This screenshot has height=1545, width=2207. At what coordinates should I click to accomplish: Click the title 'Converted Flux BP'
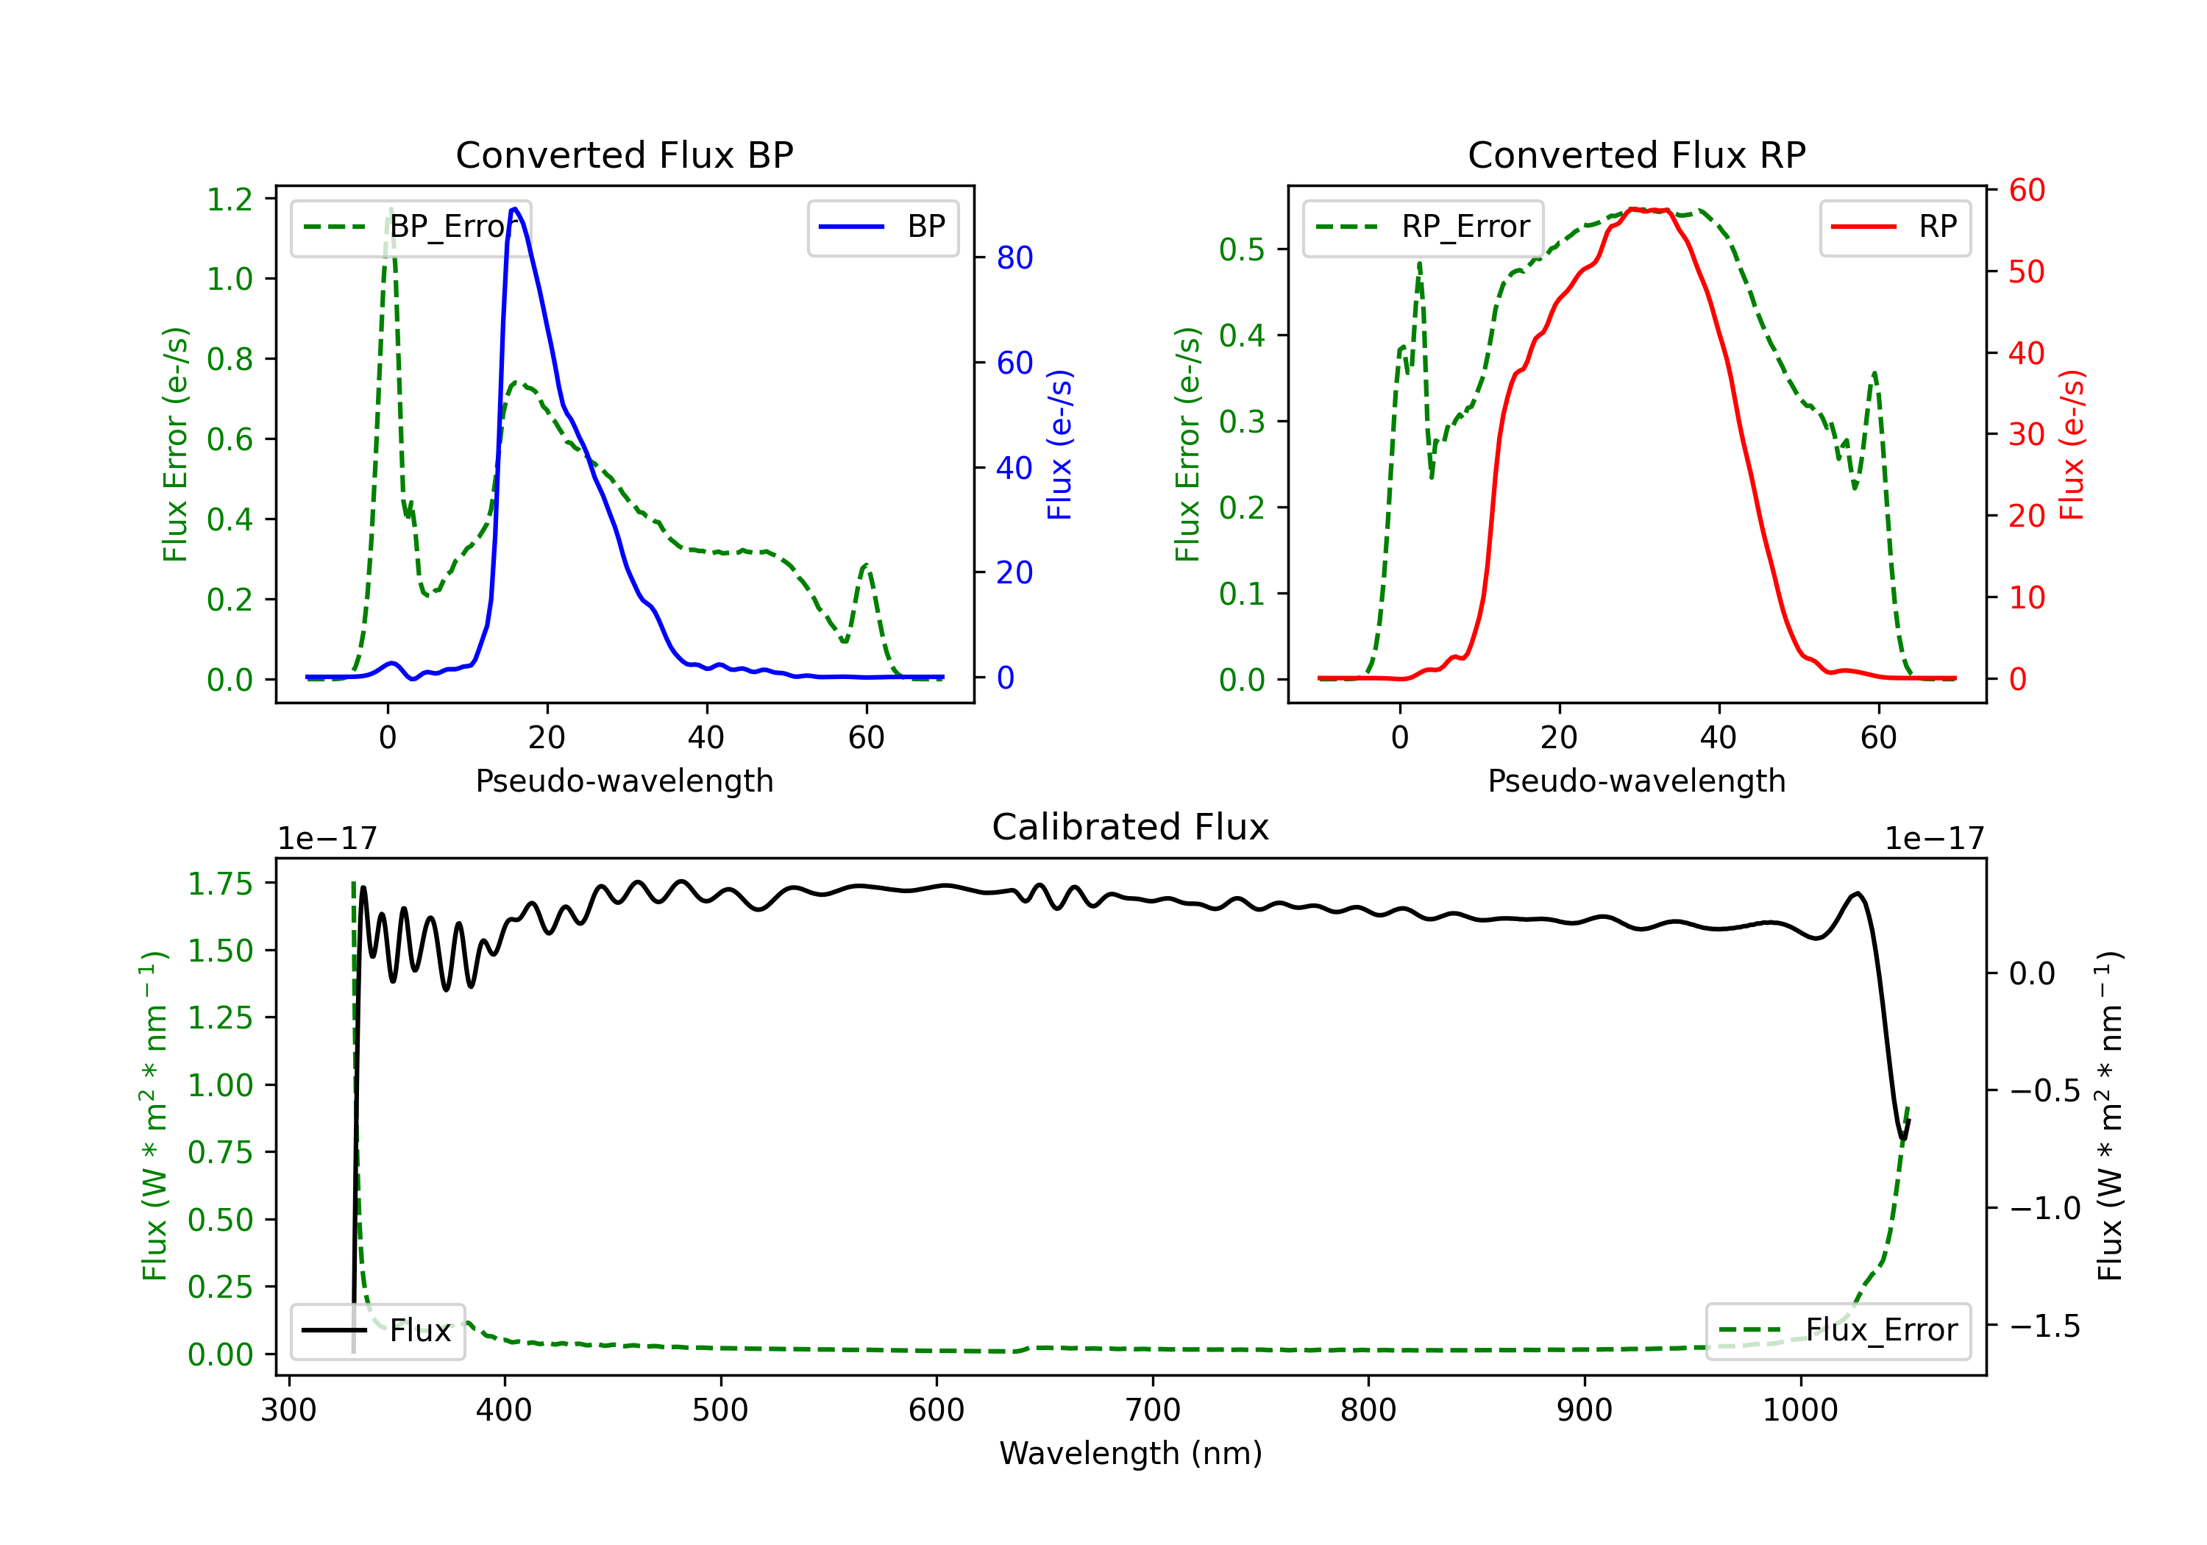pos(624,154)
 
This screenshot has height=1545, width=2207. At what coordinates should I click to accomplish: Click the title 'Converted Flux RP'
pos(1636,154)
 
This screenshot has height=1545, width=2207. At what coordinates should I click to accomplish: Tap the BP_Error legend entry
pos(411,227)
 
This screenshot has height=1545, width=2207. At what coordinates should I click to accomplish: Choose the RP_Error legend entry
pos(1423,227)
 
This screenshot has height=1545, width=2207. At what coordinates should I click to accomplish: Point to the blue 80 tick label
pos(1014,257)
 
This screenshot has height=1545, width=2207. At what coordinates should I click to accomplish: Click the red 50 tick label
pos(2026,272)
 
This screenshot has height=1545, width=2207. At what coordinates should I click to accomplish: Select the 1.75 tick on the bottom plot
pos(219,884)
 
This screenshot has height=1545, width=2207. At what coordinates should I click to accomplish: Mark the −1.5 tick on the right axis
pos(2044,1326)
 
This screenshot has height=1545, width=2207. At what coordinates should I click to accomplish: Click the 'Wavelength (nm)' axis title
pos(1131,1453)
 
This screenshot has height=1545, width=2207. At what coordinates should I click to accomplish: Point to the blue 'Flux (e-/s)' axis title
pos(1059,444)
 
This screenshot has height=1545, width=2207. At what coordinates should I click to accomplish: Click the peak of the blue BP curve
pos(515,209)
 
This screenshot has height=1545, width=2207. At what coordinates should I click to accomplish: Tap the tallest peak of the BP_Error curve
pos(390,210)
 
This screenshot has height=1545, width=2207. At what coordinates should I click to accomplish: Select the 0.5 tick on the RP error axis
pos(1241,250)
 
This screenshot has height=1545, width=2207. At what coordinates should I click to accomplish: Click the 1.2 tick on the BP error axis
pos(230,199)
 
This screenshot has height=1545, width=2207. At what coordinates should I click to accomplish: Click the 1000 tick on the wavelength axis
pos(1799,1410)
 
